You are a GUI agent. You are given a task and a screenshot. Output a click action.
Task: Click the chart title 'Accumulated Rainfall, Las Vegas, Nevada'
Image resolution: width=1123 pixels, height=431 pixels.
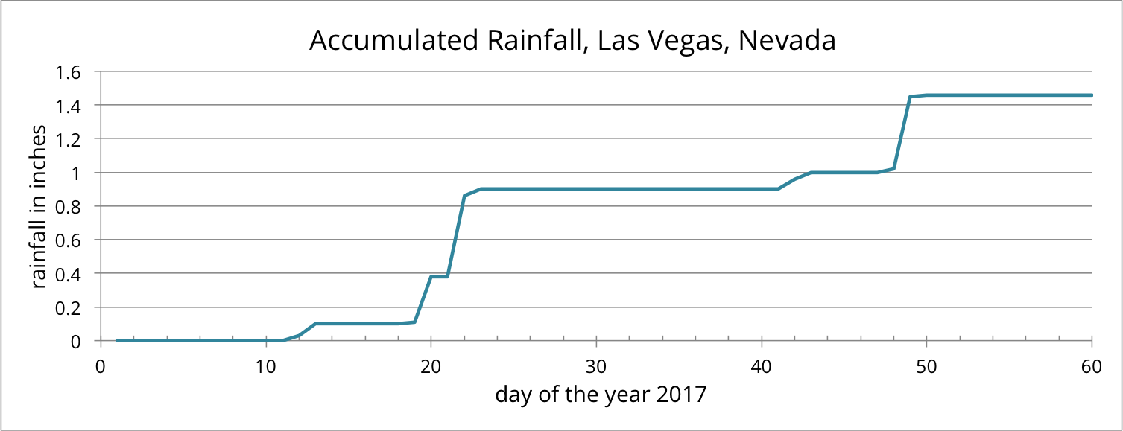572,41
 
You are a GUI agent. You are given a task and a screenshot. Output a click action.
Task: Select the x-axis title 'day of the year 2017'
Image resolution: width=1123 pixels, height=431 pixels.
600,394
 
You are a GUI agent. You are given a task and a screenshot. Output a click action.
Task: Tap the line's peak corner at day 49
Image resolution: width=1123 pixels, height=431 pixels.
910,97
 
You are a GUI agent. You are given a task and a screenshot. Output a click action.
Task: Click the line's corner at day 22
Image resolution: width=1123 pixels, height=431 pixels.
464,196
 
